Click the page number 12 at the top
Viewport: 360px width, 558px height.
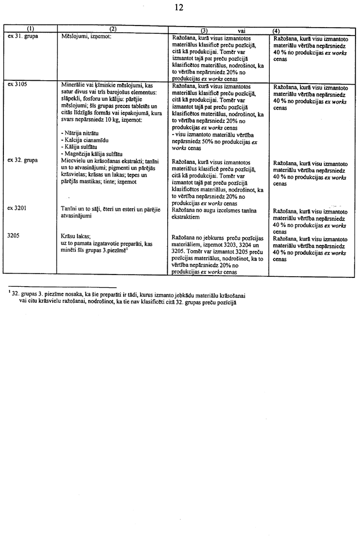point(179,7)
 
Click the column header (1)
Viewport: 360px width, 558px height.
point(30,29)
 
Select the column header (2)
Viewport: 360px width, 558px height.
point(112,29)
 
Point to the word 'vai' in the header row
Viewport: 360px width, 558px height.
point(241,30)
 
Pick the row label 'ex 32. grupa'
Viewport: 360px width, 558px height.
point(24,160)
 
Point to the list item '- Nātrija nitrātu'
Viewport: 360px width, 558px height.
point(84,133)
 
